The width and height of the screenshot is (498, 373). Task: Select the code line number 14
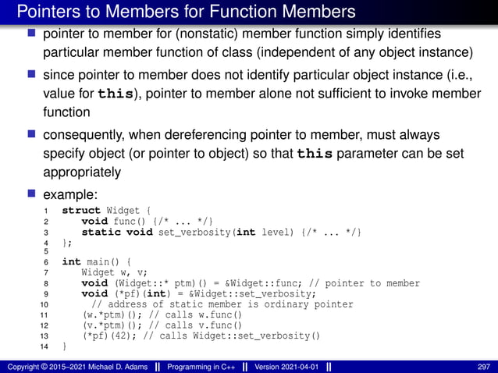point(44,346)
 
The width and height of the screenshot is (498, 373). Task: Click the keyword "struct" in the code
point(81,211)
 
